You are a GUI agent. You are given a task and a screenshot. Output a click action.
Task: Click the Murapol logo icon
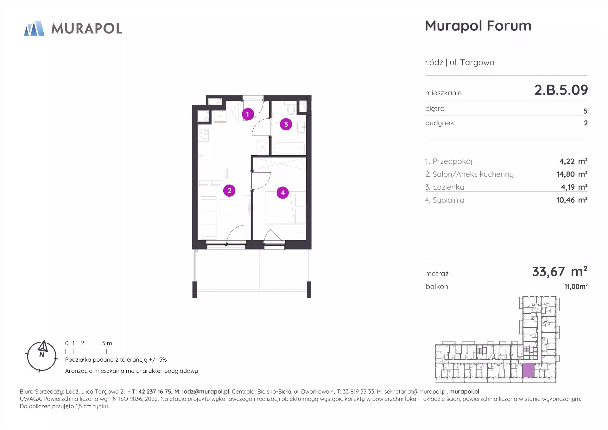[x=34, y=28]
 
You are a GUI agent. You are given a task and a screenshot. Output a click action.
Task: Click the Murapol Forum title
[x=478, y=26]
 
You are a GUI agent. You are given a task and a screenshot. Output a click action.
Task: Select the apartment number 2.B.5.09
[x=561, y=90]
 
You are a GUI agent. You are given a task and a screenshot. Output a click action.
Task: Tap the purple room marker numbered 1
[x=248, y=114]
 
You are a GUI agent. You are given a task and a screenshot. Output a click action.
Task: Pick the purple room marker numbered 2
[x=229, y=191]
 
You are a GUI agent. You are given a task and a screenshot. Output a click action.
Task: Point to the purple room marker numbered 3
[x=286, y=124]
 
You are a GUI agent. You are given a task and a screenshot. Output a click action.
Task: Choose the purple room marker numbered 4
[x=283, y=193]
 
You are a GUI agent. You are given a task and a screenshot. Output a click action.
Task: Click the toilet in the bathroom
[x=291, y=109]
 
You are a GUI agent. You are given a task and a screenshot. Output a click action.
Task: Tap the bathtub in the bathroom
[x=289, y=148]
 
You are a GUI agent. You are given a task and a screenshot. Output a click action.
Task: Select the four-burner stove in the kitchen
[x=203, y=136]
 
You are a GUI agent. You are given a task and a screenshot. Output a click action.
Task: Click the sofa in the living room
[x=208, y=218]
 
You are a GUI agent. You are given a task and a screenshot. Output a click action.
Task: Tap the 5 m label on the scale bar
[x=107, y=343]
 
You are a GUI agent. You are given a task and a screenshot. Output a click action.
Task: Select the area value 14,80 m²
[x=572, y=174]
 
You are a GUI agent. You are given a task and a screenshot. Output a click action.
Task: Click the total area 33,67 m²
[x=560, y=272]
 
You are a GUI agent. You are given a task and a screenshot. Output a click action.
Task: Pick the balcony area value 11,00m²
[x=576, y=287]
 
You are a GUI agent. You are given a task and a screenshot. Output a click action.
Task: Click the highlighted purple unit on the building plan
[x=528, y=370]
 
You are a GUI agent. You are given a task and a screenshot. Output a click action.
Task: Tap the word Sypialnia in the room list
[x=448, y=200]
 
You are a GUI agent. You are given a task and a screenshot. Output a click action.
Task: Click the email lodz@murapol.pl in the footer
[x=206, y=392]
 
